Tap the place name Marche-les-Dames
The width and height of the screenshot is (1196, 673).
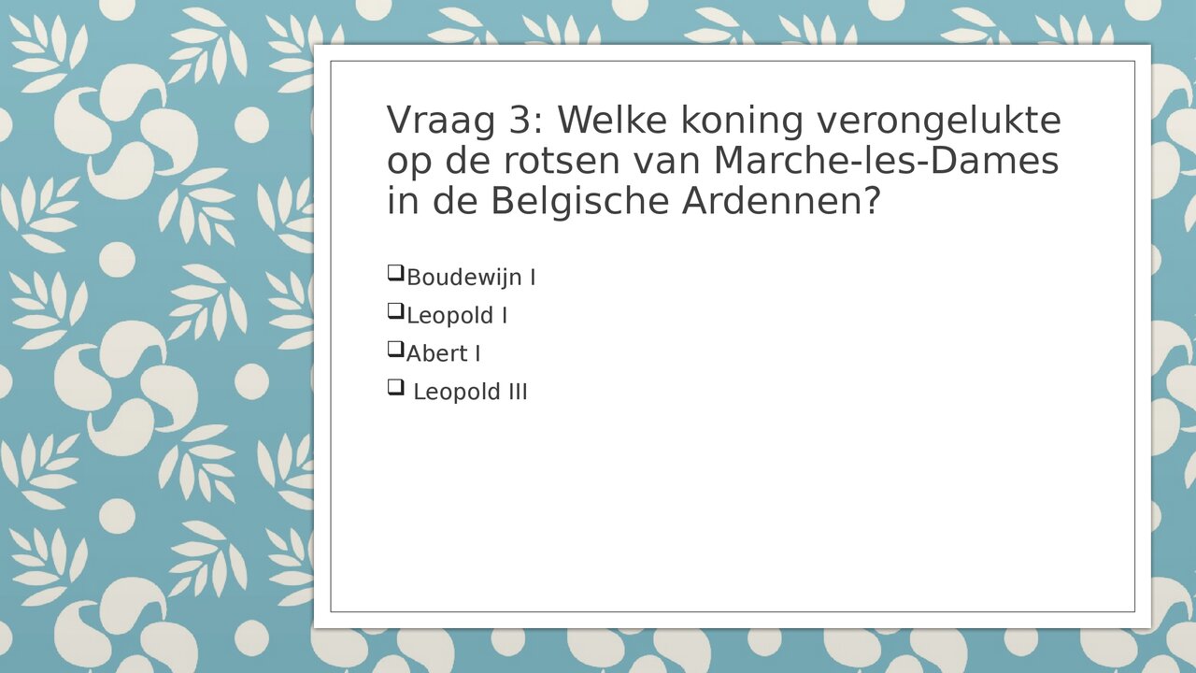click(886, 162)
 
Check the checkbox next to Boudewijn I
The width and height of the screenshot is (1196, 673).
click(395, 274)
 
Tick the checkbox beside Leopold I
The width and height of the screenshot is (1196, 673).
click(395, 311)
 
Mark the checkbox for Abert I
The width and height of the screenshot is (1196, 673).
click(395, 350)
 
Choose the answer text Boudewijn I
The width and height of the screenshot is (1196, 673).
click(471, 278)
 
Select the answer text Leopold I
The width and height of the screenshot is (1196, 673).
click(457, 316)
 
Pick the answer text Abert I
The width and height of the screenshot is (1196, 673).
click(444, 353)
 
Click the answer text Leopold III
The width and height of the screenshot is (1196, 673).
click(470, 393)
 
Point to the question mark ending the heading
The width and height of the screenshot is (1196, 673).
click(871, 202)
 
